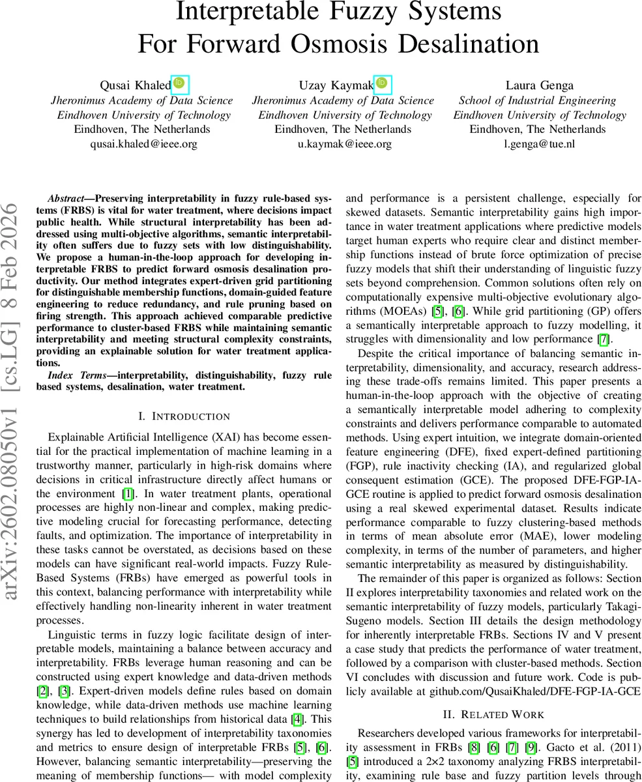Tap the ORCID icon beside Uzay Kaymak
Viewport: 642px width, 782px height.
coord(383,83)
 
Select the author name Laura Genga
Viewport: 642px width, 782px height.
coord(540,85)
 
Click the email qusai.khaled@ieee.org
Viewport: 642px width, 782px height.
coord(143,143)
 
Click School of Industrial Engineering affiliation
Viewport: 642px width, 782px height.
coord(537,100)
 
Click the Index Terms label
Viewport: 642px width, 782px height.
coord(76,375)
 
